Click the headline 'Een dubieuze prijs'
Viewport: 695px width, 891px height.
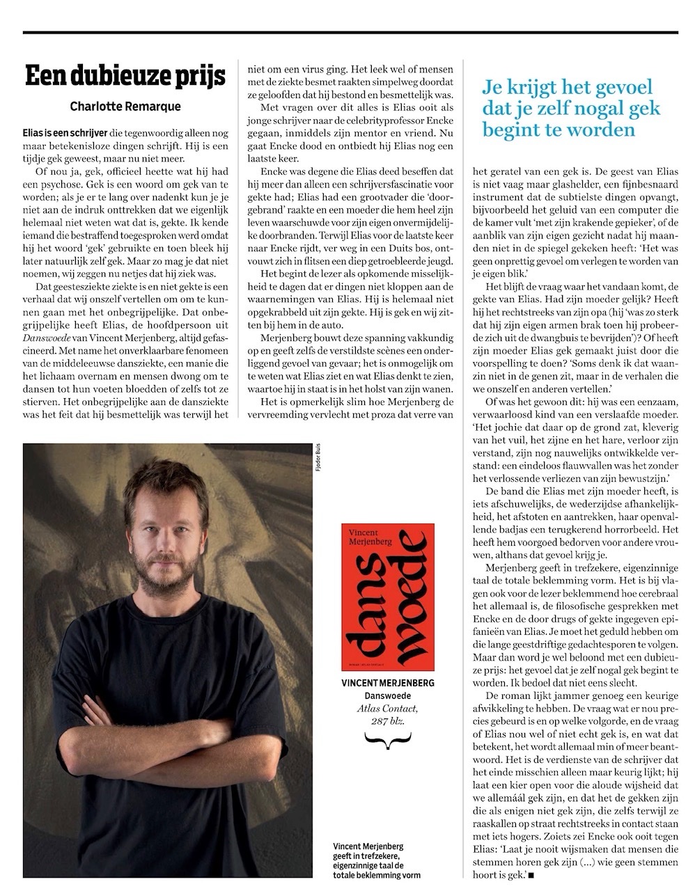(125, 76)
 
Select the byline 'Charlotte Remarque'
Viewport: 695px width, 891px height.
(125, 107)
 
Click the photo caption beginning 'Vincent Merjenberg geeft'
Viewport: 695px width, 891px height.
(377, 860)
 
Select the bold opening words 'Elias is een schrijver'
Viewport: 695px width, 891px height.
(61, 132)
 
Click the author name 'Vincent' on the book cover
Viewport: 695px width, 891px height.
(370, 533)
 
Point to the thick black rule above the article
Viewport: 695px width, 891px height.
(347, 33)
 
